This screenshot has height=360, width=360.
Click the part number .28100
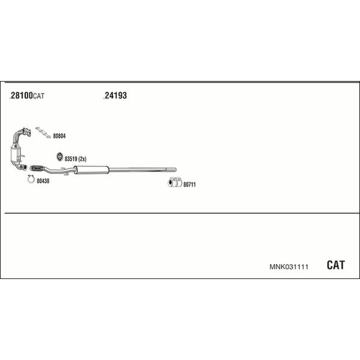coord(21,95)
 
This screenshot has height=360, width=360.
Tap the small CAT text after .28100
coord(39,96)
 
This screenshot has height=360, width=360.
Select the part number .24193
coord(115,95)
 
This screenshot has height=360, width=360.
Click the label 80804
coord(59,136)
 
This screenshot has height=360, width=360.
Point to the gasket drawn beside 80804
coord(43,133)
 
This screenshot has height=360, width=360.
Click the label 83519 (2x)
coord(76,158)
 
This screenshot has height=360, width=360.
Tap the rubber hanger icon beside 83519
coord(59,157)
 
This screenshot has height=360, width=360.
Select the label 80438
coord(43,181)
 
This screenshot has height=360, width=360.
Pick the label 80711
coord(190,184)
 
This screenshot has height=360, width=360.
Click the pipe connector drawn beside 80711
coord(175,182)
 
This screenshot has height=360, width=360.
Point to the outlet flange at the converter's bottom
coord(23,167)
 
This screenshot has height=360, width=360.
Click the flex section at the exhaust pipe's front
coord(37,168)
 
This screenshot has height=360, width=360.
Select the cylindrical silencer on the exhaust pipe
coord(91,170)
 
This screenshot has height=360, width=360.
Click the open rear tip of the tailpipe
coord(175,170)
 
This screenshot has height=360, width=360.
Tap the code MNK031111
coord(289,267)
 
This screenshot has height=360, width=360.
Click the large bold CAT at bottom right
coord(335,265)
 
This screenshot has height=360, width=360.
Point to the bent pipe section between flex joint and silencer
coord(59,170)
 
